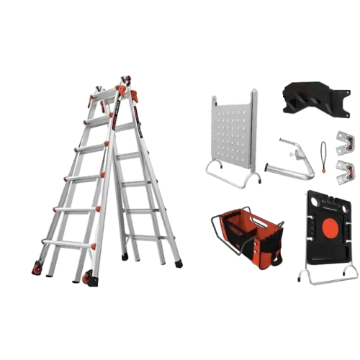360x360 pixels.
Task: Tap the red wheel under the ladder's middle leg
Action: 88,278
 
